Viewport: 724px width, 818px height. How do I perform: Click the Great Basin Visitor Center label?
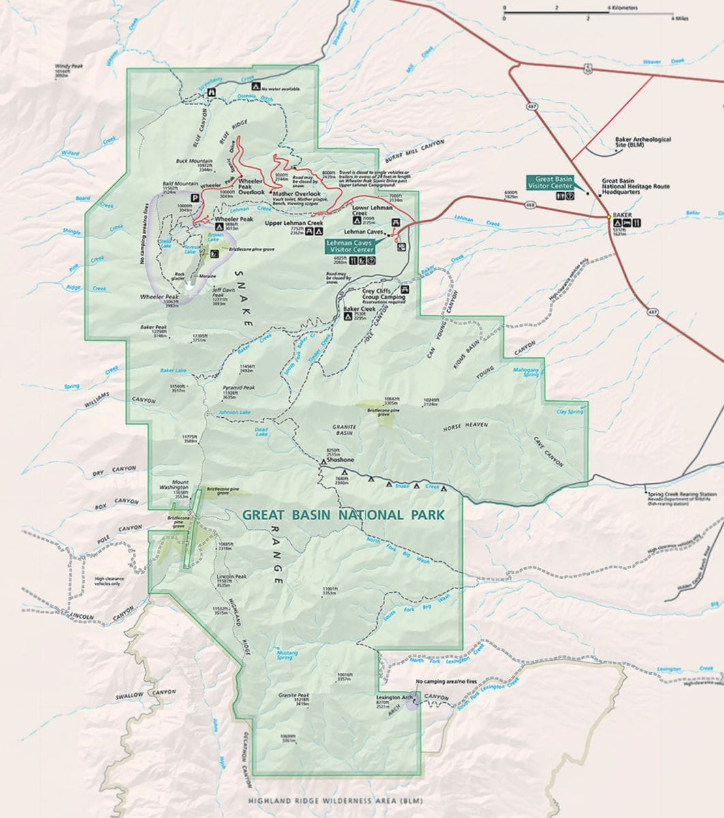click(x=549, y=182)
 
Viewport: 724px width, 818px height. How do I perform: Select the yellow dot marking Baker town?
click(x=609, y=217)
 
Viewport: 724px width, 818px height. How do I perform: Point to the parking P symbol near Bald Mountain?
click(x=194, y=198)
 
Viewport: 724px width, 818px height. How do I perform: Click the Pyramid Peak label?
click(x=239, y=387)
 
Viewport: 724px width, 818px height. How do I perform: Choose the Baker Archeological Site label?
click(x=642, y=140)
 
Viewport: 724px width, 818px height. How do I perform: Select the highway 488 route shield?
click(x=530, y=204)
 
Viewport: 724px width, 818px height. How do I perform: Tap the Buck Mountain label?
click(x=195, y=162)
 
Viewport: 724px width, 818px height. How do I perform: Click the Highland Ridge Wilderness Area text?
click(x=335, y=802)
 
